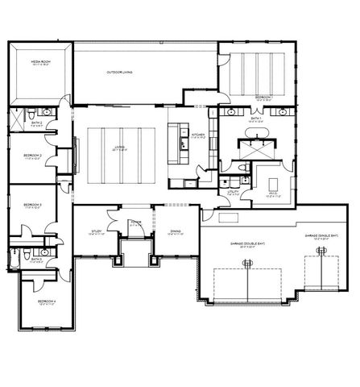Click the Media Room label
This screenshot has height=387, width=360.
pos(40,61)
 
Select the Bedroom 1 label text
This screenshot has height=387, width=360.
pos(263,97)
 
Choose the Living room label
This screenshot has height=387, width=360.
pos(119,148)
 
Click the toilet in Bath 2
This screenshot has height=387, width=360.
pos(31,114)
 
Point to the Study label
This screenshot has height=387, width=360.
pos(96,231)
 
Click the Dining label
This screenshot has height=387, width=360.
pos(175,231)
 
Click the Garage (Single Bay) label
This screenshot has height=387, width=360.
pos(322,236)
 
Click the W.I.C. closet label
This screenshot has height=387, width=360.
pos(271,193)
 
